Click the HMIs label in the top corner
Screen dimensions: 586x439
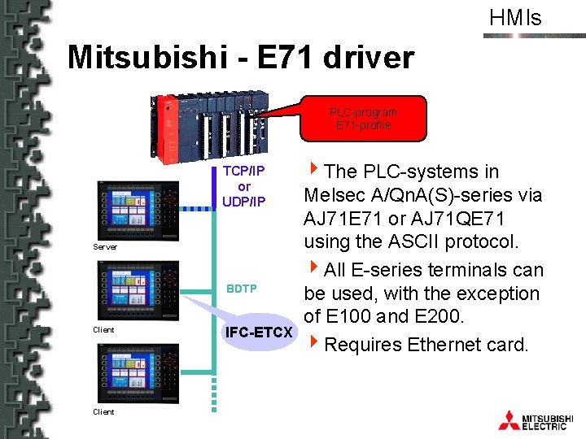[x=514, y=17]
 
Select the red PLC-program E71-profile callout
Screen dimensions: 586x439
[x=363, y=119]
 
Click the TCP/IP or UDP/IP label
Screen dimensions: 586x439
[x=243, y=186]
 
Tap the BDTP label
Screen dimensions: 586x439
[x=242, y=289]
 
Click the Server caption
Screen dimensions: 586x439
[x=104, y=246]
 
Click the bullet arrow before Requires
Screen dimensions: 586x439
[x=313, y=342]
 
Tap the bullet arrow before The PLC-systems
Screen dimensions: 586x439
[x=313, y=170]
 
